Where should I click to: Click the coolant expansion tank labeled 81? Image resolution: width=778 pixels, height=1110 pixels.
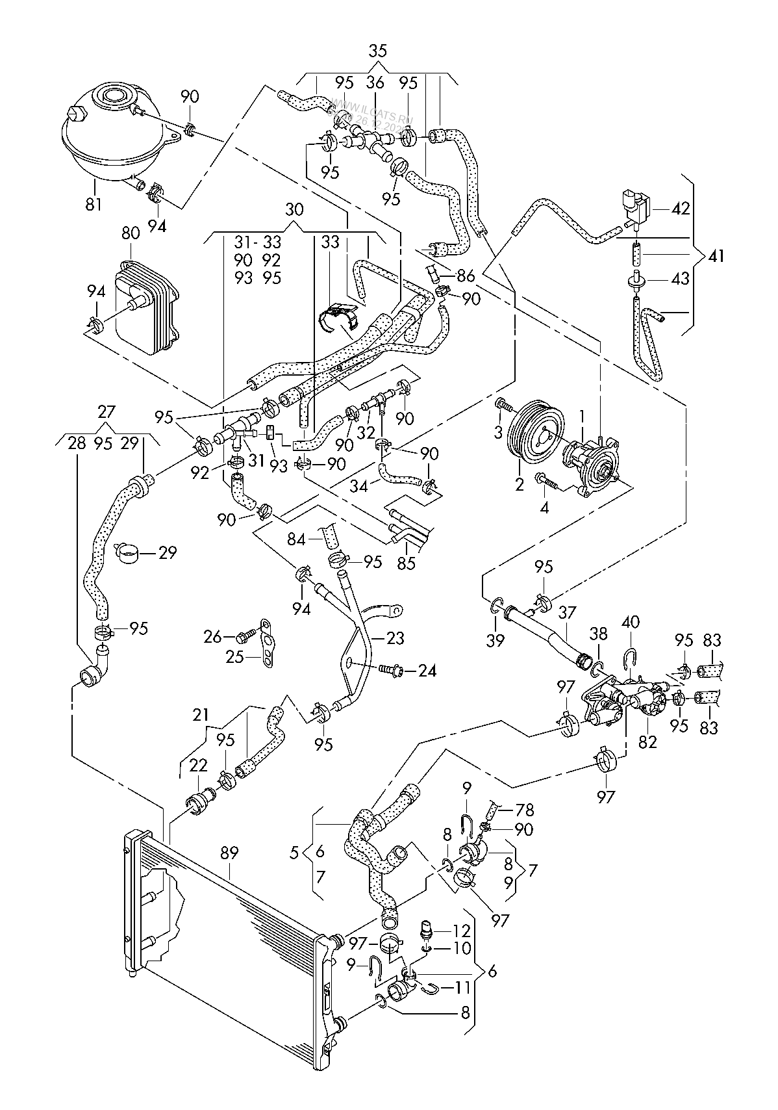[x=110, y=136]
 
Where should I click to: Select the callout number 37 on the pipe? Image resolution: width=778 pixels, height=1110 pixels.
[x=568, y=612]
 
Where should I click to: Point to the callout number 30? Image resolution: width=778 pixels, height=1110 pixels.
[x=294, y=210]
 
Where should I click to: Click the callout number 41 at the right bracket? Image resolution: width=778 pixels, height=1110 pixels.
[x=716, y=255]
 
